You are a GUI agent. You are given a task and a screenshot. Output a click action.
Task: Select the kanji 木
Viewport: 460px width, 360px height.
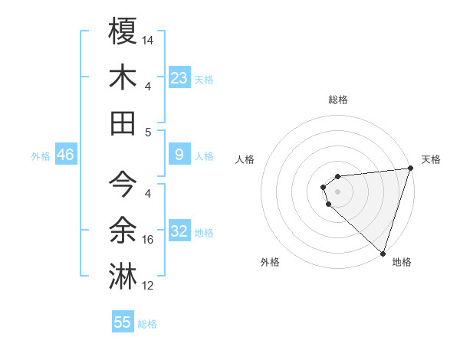[123, 77]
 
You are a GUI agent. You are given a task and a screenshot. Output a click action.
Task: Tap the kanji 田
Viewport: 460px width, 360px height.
[123, 123]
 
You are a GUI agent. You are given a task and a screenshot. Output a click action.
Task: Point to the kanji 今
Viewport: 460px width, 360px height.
[123, 184]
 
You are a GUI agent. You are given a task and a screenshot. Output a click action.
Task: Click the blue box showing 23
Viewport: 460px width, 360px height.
[179, 78]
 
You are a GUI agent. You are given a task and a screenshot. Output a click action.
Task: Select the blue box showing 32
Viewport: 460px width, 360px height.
[179, 232]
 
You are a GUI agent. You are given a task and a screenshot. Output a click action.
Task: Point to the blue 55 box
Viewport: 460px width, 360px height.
[123, 322]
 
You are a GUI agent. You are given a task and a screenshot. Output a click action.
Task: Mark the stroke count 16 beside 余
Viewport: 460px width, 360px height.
[149, 240]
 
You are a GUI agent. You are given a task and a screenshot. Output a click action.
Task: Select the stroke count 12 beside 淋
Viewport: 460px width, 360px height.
[149, 286]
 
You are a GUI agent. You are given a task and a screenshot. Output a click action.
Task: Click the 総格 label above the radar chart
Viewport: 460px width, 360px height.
[337, 100]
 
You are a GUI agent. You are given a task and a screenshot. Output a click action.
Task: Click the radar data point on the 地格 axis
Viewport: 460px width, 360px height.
[383, 253]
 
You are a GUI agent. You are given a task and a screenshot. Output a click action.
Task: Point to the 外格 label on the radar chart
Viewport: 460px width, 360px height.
[270, 262]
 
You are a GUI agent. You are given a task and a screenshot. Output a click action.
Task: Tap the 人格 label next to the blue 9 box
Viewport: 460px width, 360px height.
[205, 156]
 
